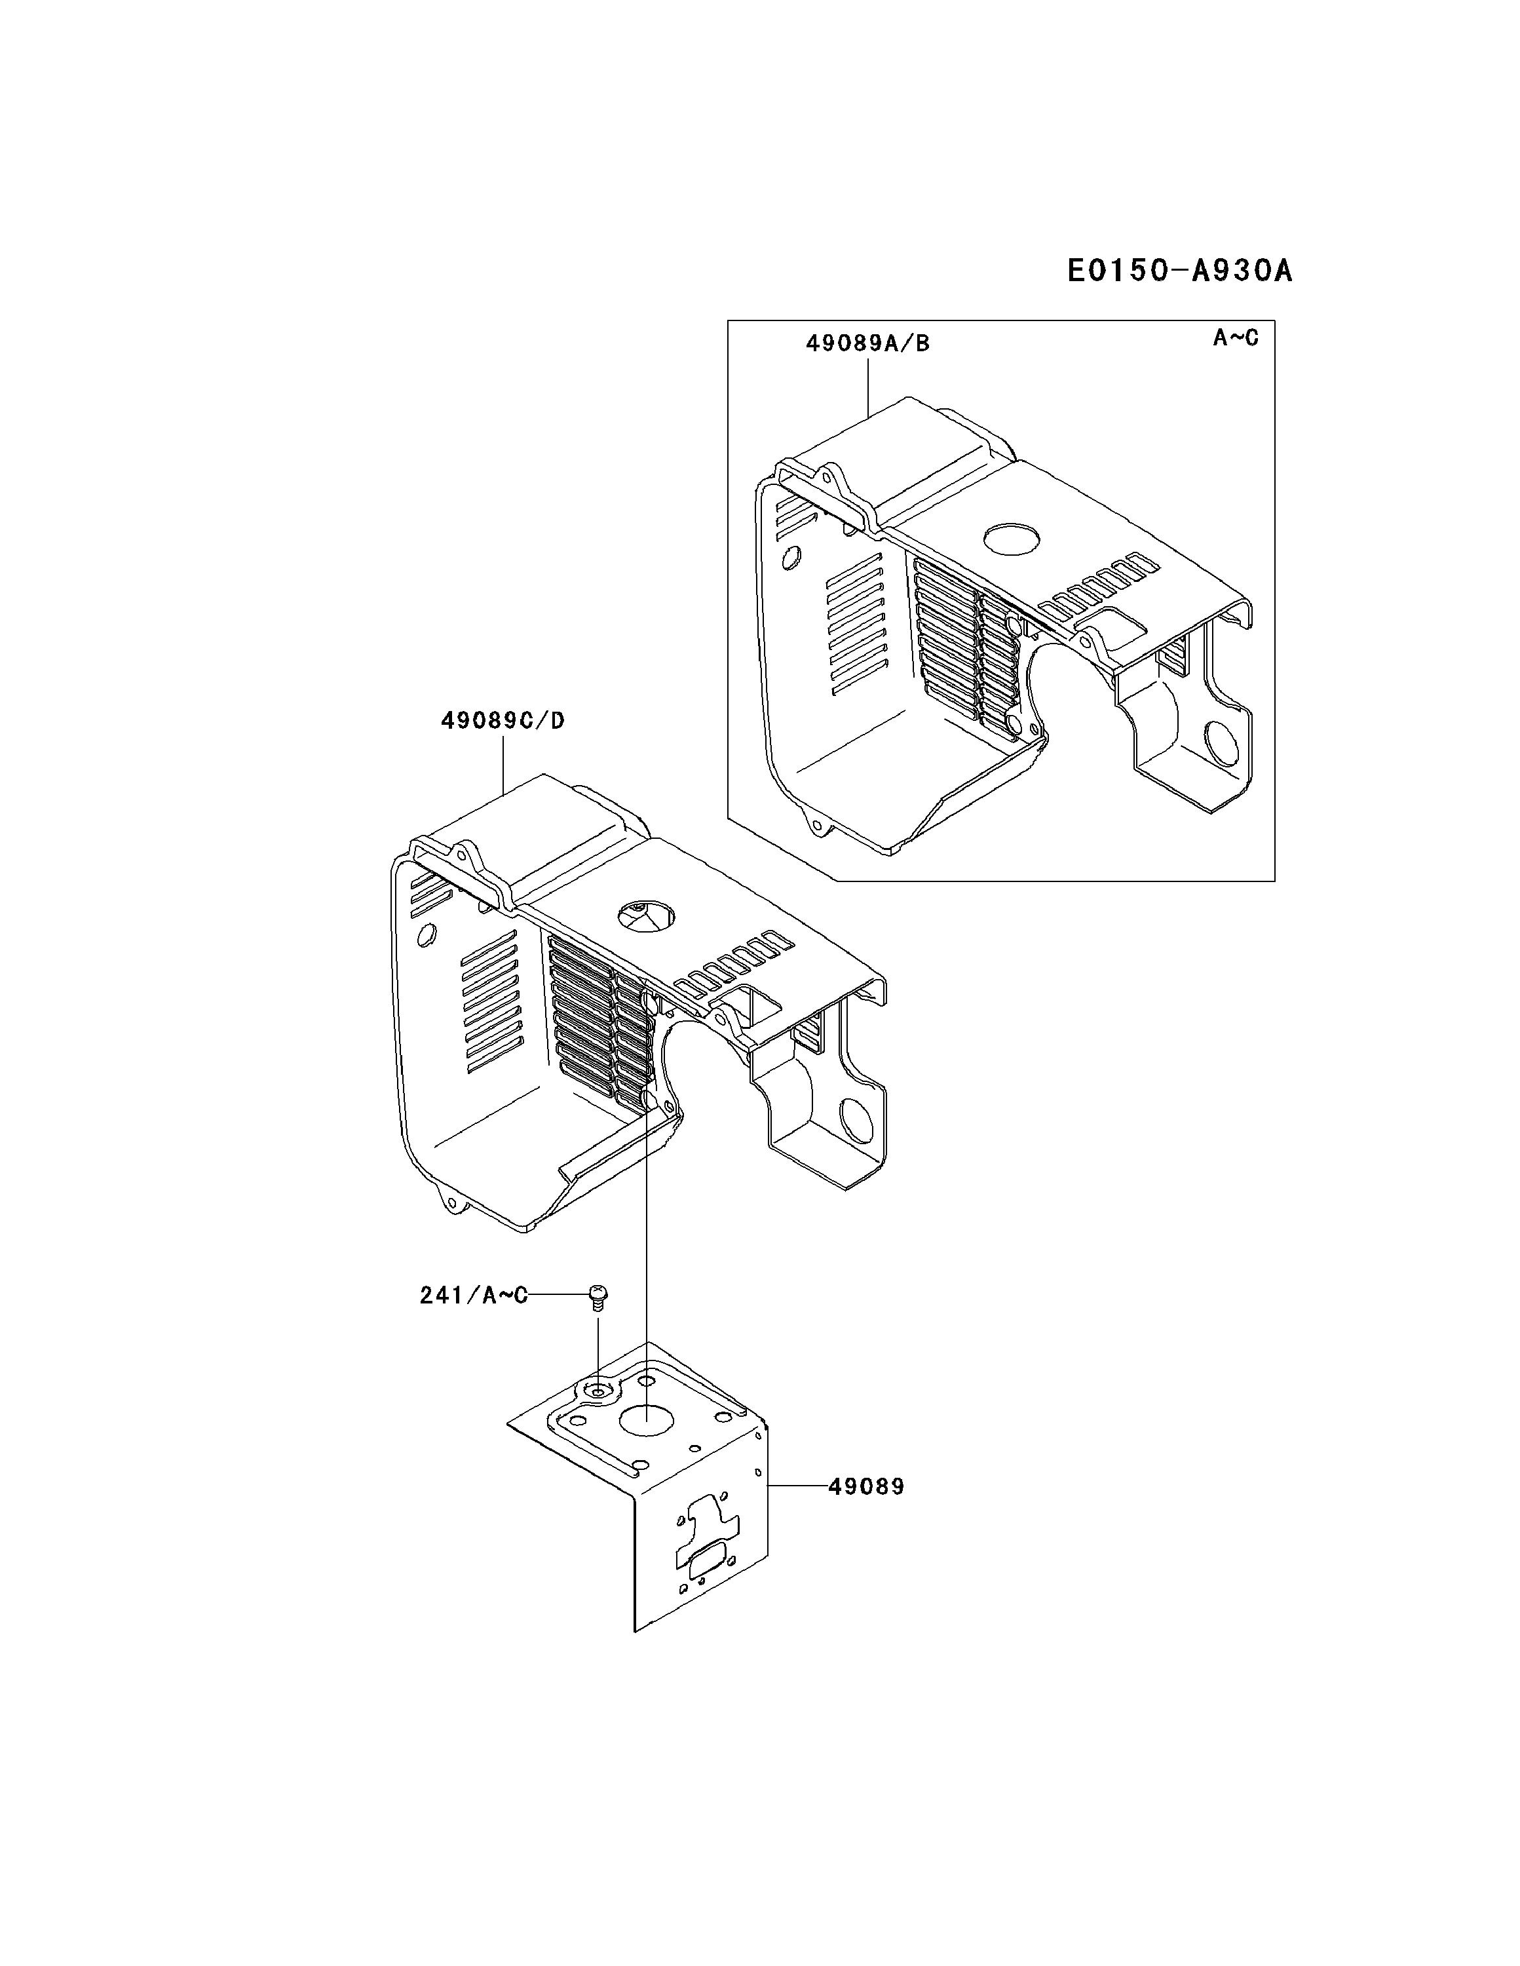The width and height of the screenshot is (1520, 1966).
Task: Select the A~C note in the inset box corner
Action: tap(1235, 337)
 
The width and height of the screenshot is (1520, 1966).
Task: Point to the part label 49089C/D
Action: tap(502, 721)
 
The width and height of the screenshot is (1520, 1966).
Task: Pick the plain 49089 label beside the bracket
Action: tap(865, 1486)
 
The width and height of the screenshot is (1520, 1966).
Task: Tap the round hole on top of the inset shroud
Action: tap(1012, 538)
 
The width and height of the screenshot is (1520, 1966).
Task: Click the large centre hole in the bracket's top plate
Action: tap(646, 1421)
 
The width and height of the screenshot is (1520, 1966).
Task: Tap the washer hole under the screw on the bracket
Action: tap(598, 1392)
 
